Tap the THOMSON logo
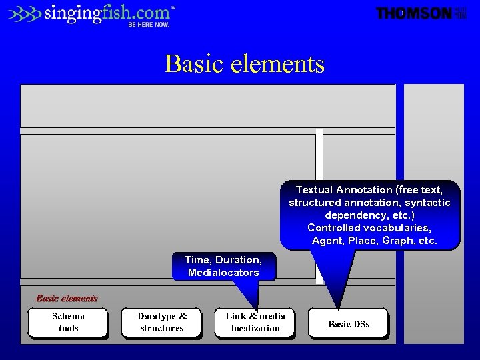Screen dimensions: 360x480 click(x=414, y=13)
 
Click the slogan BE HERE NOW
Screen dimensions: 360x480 click(x=149, y=25)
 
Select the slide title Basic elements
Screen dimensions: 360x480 click(x=245, y=64)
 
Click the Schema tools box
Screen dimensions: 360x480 click(x=68, y=323)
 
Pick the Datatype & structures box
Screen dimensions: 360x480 click(x=161, y=323)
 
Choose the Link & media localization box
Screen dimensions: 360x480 click(x=255, y=323)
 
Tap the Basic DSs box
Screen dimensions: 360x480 click(x=348, y=324)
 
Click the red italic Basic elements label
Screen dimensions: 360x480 click(x=67, y=299)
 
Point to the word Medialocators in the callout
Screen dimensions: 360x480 click(x=223, y=273)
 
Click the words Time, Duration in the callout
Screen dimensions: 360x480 click(x=223, y=260)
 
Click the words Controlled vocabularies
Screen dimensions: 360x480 click(x=369, y=228)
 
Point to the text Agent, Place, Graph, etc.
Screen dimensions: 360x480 click(x=374, y=241)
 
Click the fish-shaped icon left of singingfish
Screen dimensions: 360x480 click(x=25, y=13)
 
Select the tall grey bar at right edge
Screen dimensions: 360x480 click(x=433, y=213)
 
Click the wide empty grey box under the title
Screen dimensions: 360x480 click(x=208, y=105)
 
